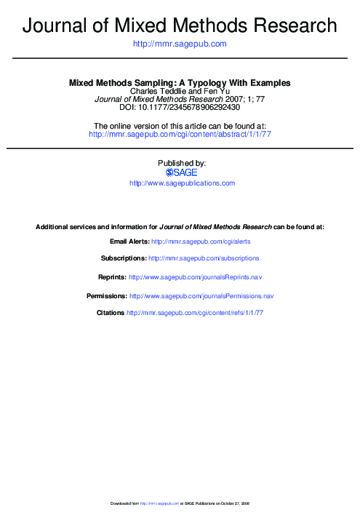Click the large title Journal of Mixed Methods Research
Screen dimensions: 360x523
[x=180, y=26]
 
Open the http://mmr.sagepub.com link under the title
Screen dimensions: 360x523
[x=180, y=44]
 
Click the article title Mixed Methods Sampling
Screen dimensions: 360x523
[x=180, y=84]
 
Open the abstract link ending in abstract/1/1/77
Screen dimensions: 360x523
[x=180, y=135]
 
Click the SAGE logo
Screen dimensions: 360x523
[x=182, y=172]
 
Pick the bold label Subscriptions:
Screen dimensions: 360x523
[x=124, y=258]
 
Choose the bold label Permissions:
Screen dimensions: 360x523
[x=107, y=296]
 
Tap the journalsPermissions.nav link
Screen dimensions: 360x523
[x=201, y=296]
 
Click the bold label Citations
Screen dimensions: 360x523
[x=111, y=313]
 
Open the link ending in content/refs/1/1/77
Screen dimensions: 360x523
[x=195, y=313]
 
